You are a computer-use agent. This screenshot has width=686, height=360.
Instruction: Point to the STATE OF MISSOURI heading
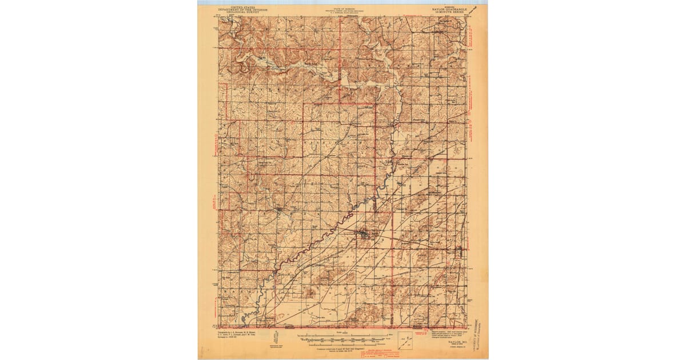343,9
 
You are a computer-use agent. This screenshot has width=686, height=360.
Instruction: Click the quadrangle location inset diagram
405,338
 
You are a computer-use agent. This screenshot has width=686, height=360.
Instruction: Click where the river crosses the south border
242,326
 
